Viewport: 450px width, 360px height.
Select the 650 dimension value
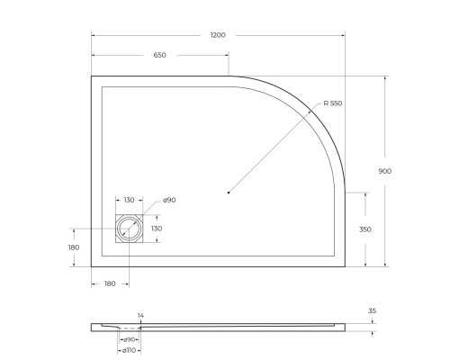[159, 56]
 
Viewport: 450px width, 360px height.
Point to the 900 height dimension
[385, 171]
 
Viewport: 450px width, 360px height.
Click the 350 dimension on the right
[365, 229]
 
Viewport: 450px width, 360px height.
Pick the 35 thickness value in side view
[371, 311]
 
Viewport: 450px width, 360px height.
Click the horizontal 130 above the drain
[129, 200]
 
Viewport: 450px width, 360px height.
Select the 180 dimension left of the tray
[74, 247]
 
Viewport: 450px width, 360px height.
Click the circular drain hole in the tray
[129, 229]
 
